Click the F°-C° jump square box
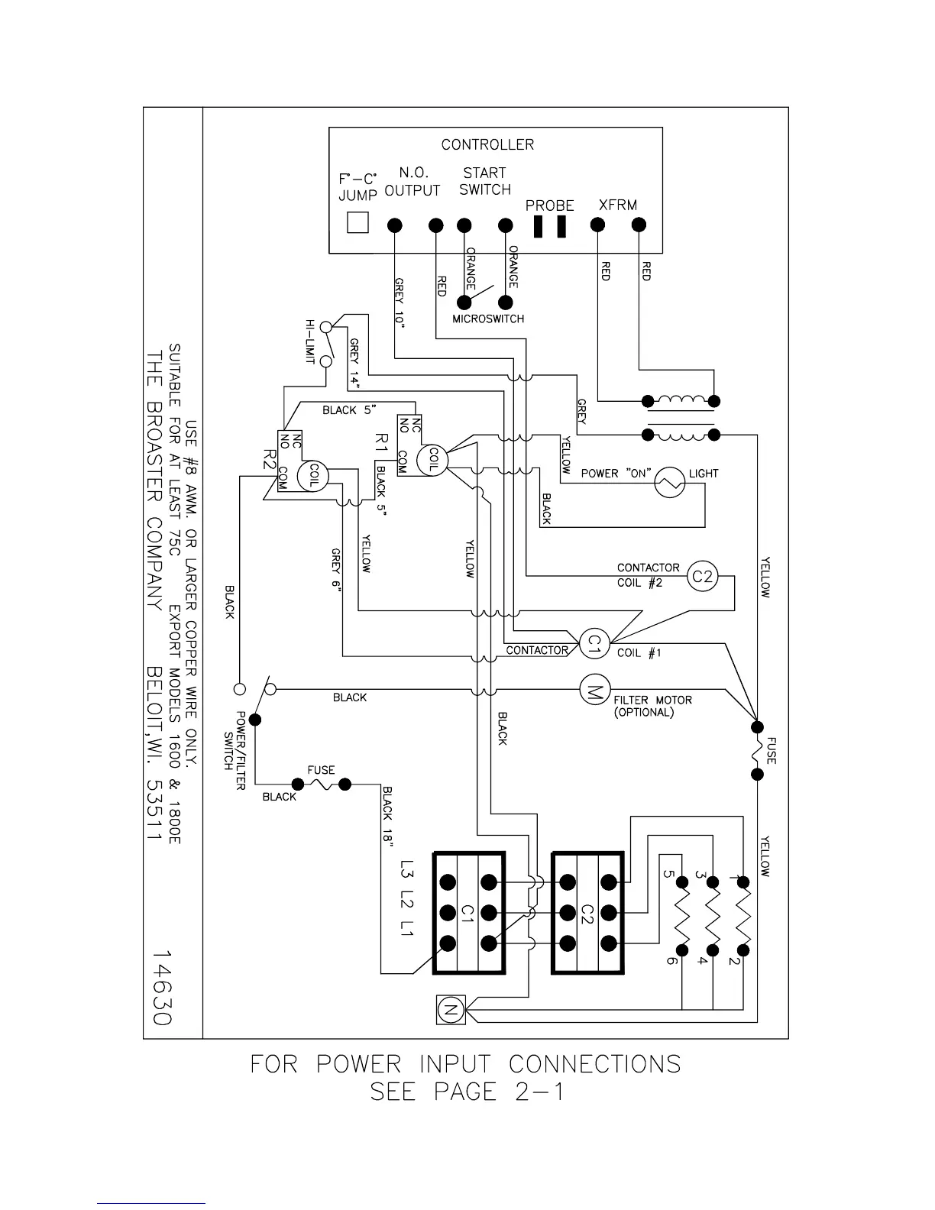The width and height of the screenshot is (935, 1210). [357, 222]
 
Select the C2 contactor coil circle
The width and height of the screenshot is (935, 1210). [702, 577]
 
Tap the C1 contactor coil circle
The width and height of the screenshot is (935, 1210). [592, 645]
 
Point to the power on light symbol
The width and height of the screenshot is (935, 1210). [669, 482]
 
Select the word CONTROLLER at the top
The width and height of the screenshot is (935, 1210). [487, 144]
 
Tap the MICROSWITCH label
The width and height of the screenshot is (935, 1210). [488, 319]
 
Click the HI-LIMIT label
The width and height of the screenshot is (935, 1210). [310, 341]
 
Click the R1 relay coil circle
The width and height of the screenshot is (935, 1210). [433, 459]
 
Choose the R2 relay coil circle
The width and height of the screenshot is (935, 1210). [312, 476]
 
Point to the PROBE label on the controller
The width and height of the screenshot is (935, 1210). [549, 205]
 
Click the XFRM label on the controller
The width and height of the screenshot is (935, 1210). [617, 205]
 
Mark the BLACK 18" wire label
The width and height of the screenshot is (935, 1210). [388, 816]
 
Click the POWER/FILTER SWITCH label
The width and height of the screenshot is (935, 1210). [234, 751]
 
